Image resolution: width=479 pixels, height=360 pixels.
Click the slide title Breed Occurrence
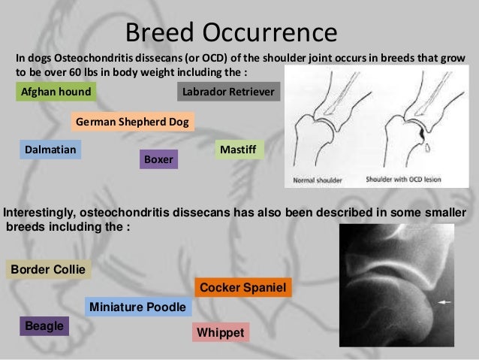coord(231,32)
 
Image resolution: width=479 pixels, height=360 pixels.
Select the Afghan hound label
coord(56,92)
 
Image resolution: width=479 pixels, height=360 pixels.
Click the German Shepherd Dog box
coord(133,122)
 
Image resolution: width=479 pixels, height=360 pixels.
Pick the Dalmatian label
coord(50,150)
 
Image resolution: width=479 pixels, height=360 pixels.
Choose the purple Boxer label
coord(159,160)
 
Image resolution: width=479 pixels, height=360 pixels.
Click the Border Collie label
coord(48,269)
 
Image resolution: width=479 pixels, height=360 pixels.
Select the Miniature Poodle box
coord(138,307)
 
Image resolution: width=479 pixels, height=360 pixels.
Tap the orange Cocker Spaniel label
coord(243,288)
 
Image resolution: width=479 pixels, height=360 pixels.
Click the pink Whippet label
coord(221,332)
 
